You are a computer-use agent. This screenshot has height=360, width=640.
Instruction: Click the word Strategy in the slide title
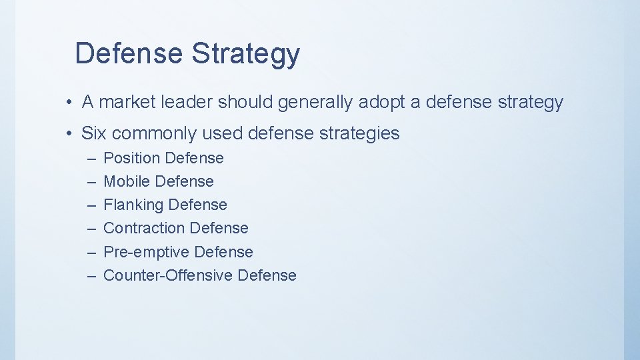(246, 54)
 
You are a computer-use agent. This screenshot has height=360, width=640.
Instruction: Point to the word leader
(190, 103)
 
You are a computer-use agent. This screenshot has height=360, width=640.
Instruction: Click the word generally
(317, 103)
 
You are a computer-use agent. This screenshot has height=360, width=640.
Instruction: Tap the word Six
(94, 133)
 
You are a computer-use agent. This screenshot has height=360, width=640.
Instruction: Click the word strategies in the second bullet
(359, 133)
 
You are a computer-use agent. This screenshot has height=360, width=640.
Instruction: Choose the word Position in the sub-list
(131, 159)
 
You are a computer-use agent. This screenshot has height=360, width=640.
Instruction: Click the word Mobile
(127, 181)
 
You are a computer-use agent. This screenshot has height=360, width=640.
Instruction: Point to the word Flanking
(133, 205)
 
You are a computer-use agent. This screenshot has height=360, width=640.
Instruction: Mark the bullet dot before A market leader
(69, 103)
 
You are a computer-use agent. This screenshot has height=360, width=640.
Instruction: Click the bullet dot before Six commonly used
(69, 134)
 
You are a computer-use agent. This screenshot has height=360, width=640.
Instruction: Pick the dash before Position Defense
(91, 159)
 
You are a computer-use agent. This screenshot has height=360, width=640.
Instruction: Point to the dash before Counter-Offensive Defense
(91, 275)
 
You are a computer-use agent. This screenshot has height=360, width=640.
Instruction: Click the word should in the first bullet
(245, 103)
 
